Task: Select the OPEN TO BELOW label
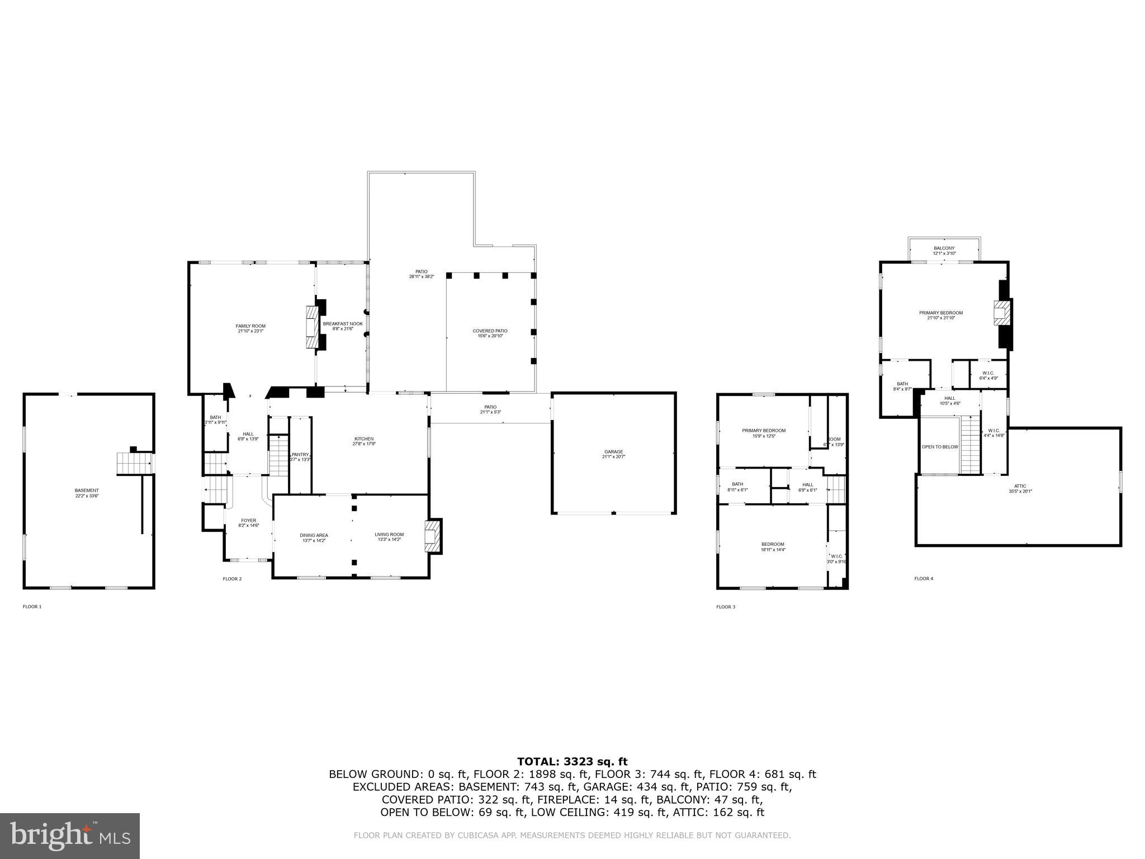(x=939, y=447)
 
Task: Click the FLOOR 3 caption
(x=726, y=606)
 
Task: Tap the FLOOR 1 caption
(x=32, y=606)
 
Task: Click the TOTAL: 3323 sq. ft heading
(x=572, y=761)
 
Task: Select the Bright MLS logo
(x=70, y=836)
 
